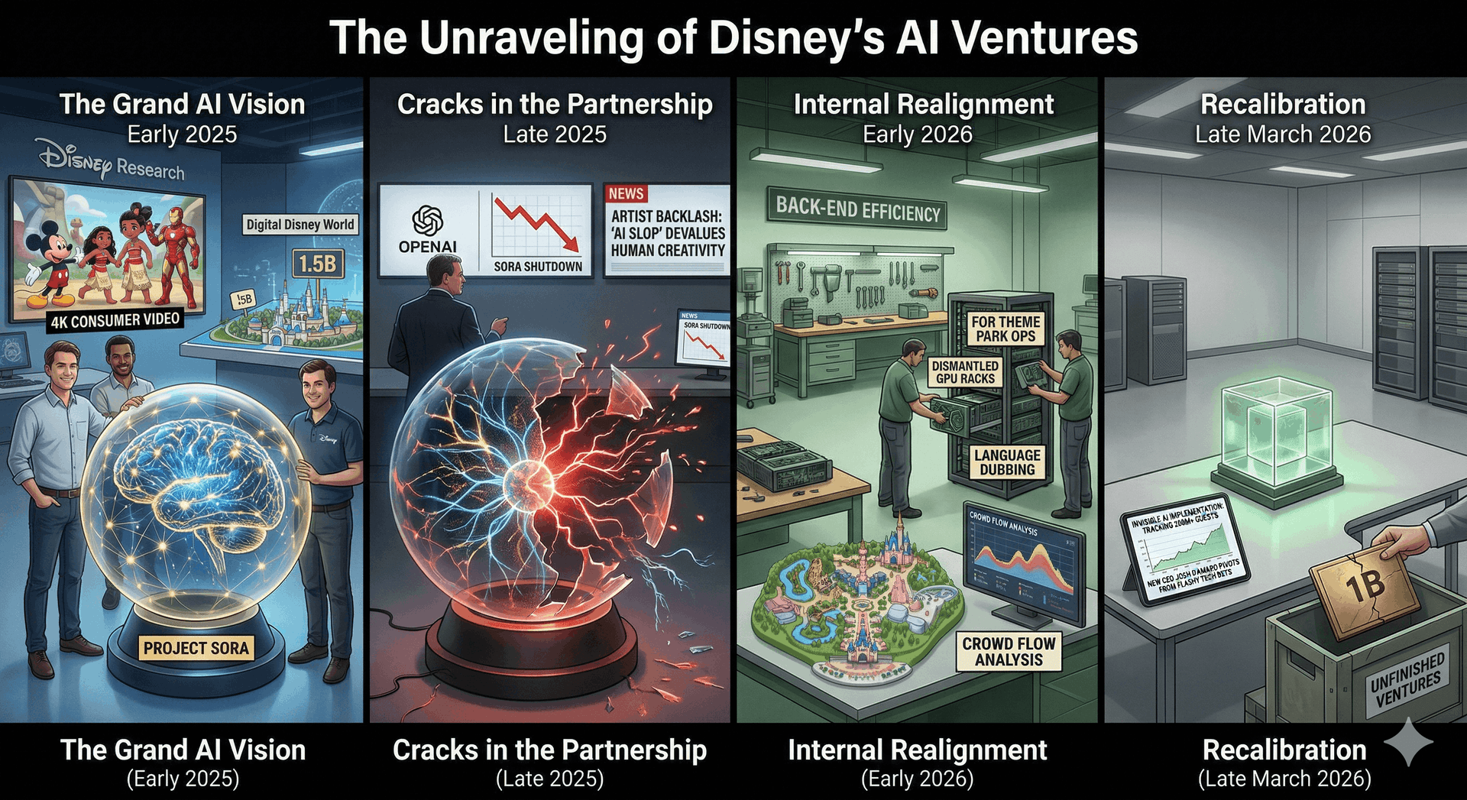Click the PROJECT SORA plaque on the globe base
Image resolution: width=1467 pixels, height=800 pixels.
click(x=196, y=648)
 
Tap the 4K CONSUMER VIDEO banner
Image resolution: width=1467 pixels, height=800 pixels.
click(x=115, y=320)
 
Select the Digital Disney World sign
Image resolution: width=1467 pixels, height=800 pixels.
click(x=300, y=225)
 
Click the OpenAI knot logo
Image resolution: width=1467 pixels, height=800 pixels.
click(x=428, y=221)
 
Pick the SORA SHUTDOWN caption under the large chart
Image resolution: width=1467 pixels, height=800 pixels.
click(x=538, y=266)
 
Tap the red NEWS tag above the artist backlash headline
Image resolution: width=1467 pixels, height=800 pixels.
click(x=627, y=194)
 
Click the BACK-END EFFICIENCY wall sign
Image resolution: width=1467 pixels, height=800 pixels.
click(x=858, y=209)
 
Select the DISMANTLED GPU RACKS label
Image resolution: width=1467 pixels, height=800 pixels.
click(x=965, y=372)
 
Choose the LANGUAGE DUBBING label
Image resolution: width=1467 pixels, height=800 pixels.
click(x=1007, y=462)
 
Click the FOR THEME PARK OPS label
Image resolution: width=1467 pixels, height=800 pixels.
click(x=1006, y=329)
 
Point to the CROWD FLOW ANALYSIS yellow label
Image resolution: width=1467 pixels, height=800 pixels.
click(x=1009, y=652)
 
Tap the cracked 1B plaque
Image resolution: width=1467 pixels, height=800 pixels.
click(x=1365, y=588)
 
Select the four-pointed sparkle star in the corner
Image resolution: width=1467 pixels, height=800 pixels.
click(x=1408, y=741)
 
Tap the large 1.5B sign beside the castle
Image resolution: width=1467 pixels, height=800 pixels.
click(x=317, y=264)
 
